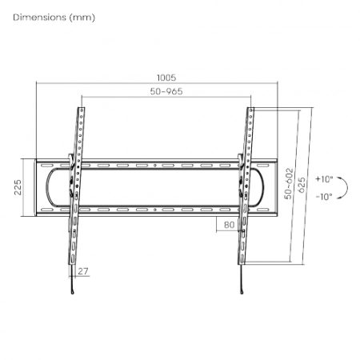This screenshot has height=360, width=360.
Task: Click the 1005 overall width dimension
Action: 166,78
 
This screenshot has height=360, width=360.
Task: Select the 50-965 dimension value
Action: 166,91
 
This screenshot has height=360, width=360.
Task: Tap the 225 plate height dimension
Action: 18,187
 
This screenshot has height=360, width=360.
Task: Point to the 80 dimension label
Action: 229,225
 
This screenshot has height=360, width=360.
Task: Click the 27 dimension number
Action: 83,271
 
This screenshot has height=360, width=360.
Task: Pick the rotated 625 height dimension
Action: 302,185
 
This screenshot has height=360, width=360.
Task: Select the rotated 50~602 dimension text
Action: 289,183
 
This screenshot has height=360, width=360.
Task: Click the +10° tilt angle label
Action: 324,179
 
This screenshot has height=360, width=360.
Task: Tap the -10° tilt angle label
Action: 324,197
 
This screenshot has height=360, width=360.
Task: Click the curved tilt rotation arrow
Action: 347,187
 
